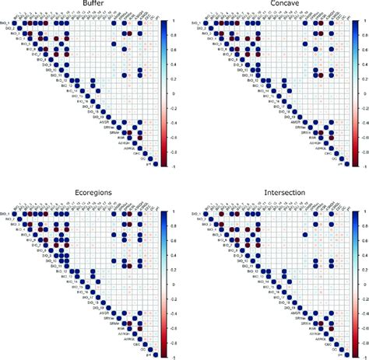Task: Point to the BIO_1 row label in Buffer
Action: coord(6,25)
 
